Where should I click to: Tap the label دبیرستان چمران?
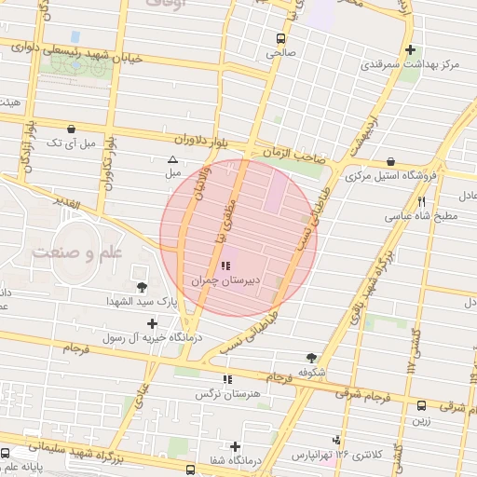pos(223,280)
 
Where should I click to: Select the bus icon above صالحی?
pos(281,39)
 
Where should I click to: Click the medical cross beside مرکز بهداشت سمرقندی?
pos(410,50)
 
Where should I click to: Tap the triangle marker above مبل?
pos(172,159)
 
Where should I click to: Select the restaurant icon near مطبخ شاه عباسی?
pos(421,201)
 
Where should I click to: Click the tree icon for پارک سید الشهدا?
pos(142,286)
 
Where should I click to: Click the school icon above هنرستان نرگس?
pos(227,379)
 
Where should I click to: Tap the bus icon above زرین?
pos(422,406)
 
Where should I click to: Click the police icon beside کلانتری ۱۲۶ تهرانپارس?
pos(336,441)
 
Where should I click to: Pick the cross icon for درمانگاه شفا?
pos(236,446)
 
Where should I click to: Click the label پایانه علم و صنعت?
pos(34,468)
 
